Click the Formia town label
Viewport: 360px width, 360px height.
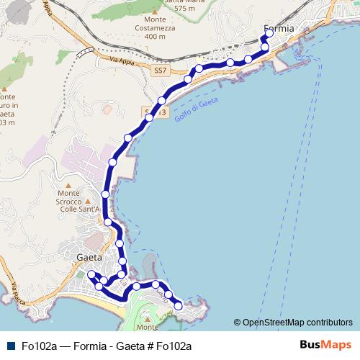click(279, 29)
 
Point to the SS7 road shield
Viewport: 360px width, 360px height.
click(160, 71)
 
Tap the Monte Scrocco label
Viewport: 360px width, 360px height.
click(68, 193)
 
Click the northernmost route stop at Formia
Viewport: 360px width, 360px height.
click(269, 32)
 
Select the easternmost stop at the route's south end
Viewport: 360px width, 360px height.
click(179, 305)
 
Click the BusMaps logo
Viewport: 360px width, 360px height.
click(324, 345)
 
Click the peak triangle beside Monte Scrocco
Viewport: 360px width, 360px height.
click(87, 202)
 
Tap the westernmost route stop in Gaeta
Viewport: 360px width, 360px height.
click(91, 274)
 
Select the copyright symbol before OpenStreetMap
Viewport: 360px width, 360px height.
click(237, 322)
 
